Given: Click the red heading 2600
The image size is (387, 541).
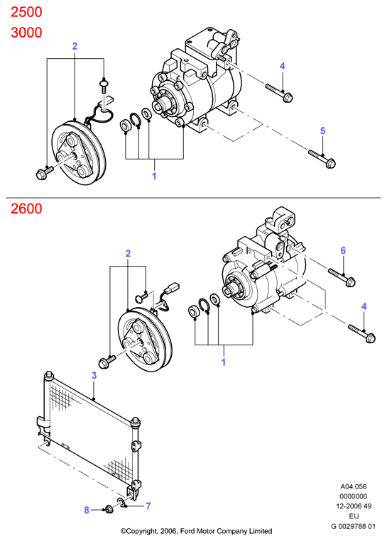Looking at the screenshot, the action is [x=26, y=208].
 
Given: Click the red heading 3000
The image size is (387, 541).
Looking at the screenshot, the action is [x=26, y=33].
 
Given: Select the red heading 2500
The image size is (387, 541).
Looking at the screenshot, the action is [x=26, y=12].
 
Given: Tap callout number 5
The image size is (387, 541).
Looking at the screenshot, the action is [x=322, y=130].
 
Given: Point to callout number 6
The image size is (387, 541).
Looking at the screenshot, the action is [x=343, y=250].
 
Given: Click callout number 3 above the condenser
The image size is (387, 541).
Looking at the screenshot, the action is [x=94, y=375].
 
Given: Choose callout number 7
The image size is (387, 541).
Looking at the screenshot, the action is [x=148, y=506].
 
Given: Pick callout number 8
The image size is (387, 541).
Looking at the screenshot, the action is [x=87, y=510].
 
